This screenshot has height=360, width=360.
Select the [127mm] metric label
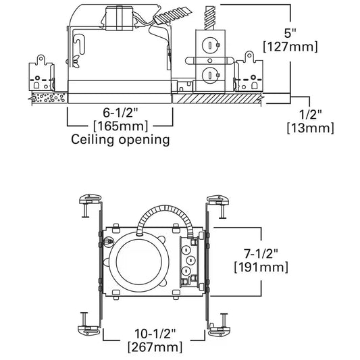point(290,47)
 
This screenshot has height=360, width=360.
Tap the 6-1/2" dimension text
point(120,113)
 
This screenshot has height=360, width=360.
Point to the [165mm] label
point(120,126)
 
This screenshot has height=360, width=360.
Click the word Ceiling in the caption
point(93,140)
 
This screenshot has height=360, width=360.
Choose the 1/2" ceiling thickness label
point(310,114)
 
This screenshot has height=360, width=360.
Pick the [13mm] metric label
point(311,128)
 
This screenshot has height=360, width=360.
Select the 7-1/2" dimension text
point(261,254)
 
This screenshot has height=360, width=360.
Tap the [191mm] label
point(261,267)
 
